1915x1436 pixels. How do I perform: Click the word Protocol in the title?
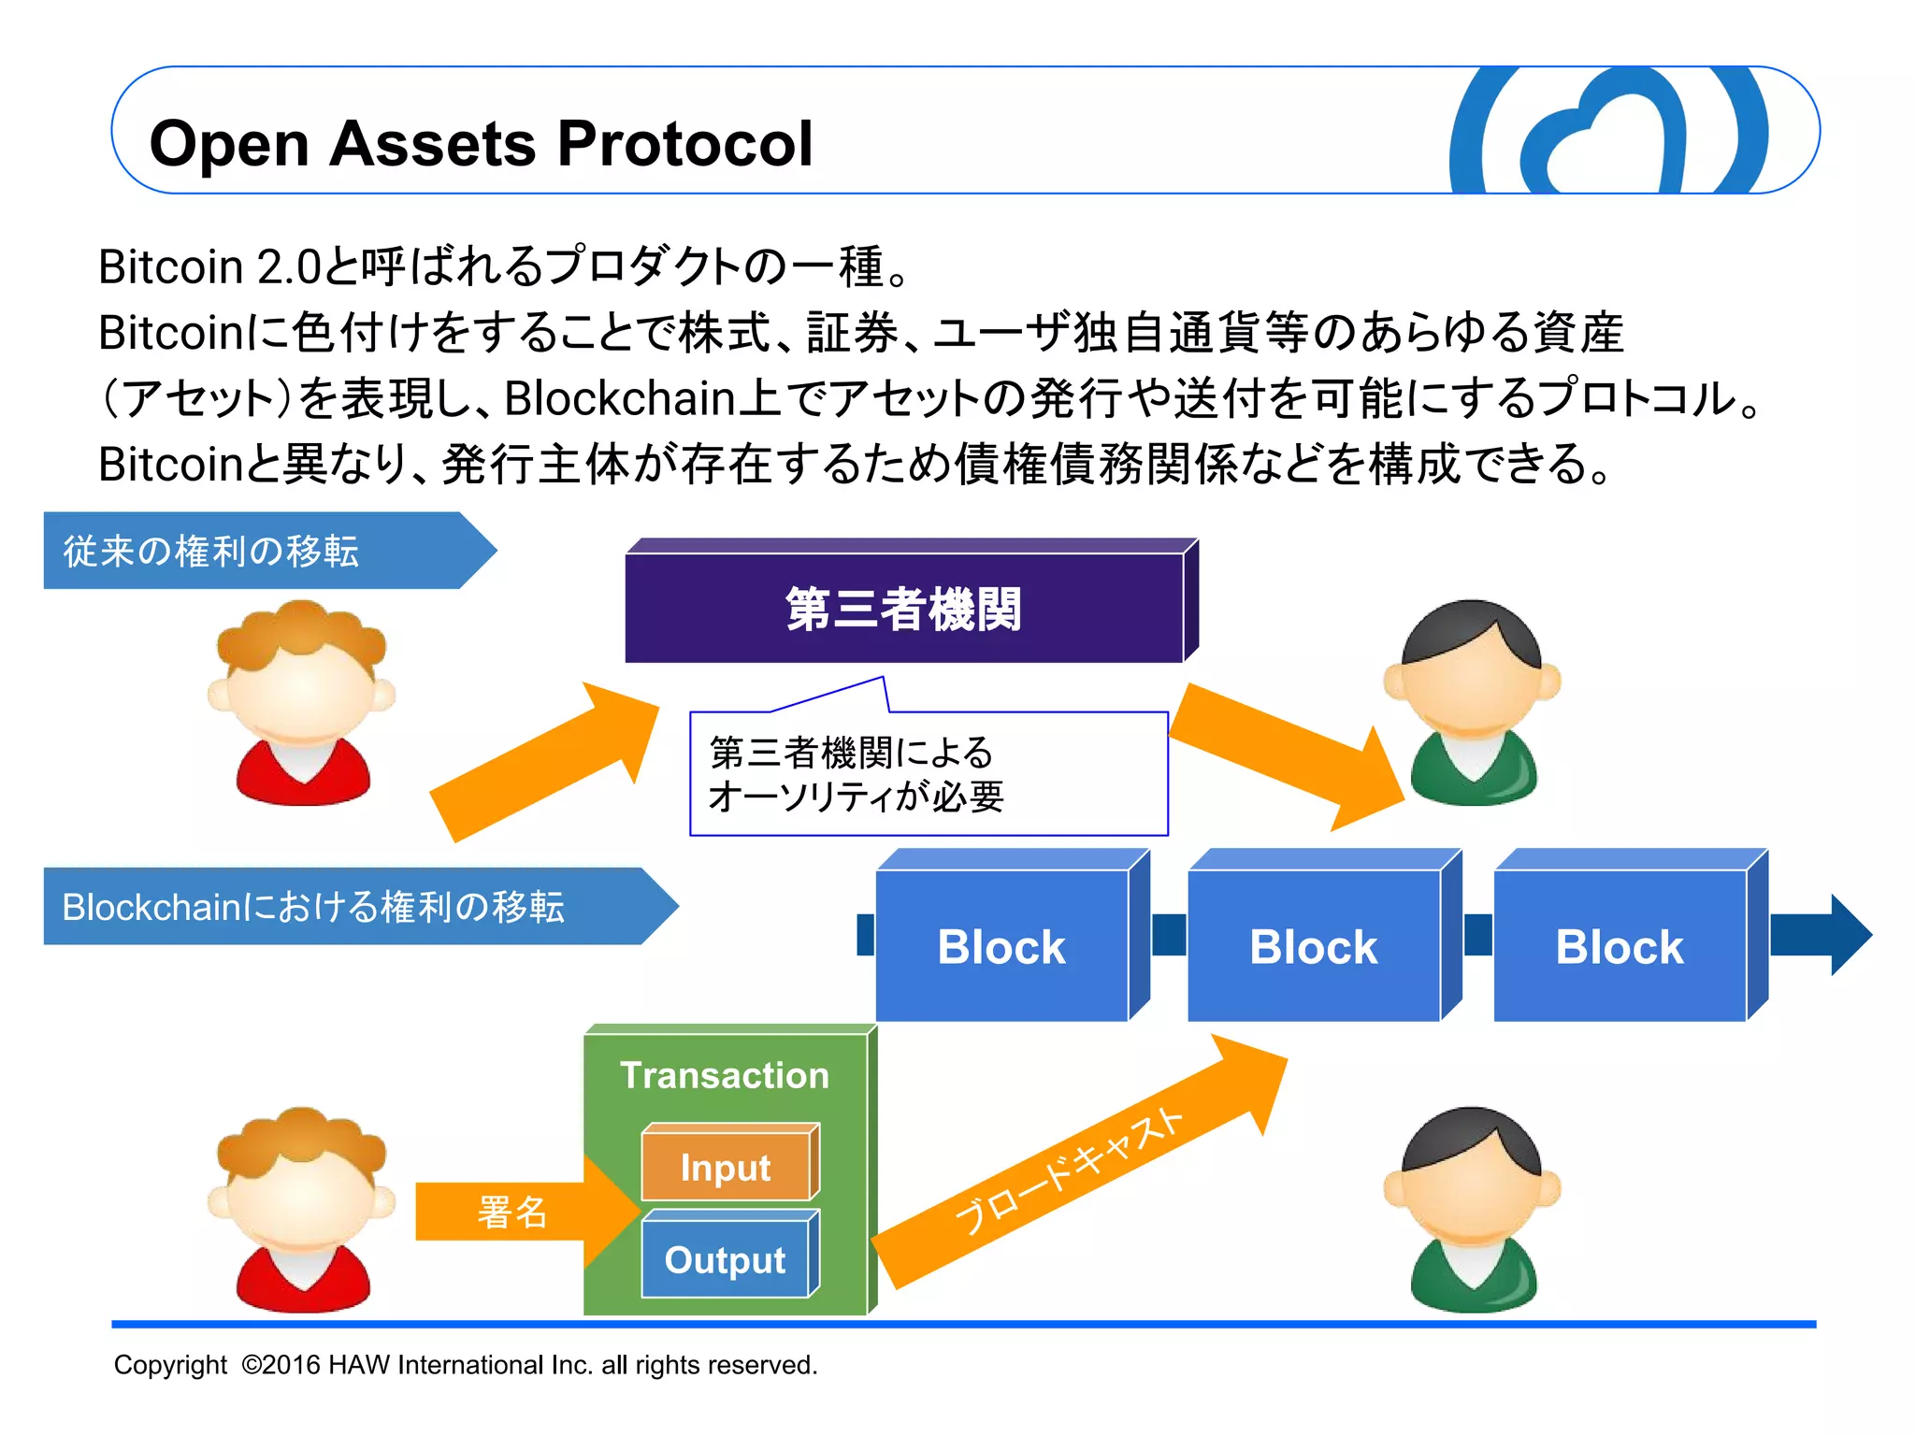point(684,145)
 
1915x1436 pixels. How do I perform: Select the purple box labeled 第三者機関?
point(903,608)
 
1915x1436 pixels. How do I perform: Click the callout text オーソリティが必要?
point(856,797)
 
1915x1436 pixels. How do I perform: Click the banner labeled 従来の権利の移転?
point(211,551)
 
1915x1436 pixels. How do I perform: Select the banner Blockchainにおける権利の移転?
point(313,907)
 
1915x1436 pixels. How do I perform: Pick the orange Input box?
point(726,1167)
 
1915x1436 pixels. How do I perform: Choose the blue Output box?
point(725,1259)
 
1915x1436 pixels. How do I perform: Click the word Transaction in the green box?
point(725,1075)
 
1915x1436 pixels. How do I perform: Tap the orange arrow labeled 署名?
point(512,1212)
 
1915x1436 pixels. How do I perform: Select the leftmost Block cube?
point(1001,946)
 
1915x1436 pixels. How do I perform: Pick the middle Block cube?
point(1313,946)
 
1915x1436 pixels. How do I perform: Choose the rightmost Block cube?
point(1620,946)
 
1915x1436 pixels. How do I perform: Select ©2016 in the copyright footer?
point(280,1365)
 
